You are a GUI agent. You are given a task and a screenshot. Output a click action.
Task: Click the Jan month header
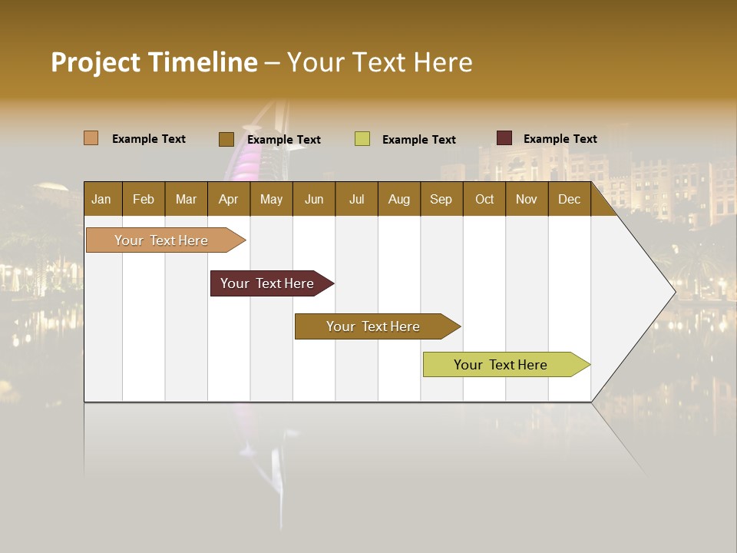(101, 199)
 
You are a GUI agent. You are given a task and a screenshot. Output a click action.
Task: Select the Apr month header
(228, 199)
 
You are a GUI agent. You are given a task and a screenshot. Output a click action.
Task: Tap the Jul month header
(356, 199)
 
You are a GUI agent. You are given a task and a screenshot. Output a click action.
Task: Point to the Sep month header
(441, 199)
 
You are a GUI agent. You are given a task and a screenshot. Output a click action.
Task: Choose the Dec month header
(569, 199)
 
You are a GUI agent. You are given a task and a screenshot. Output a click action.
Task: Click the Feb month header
(144, 199)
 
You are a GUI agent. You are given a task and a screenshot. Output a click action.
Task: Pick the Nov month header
(526, 199)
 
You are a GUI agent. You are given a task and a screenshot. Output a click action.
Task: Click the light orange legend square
(91, 138)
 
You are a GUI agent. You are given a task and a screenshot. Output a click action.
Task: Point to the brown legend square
(226, 139)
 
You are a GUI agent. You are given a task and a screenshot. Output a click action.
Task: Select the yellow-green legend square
(362, 139)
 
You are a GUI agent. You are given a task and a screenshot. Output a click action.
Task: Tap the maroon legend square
(504, 138)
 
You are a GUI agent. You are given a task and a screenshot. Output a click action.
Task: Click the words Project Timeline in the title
(154, 62)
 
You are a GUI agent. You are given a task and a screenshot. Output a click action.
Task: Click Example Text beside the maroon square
(560, 139)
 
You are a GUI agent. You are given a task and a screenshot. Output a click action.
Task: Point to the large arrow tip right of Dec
(653, 290)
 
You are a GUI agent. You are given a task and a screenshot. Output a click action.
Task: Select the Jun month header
(314, 199)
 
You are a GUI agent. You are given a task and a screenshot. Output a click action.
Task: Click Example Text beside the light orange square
(149, 139)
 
